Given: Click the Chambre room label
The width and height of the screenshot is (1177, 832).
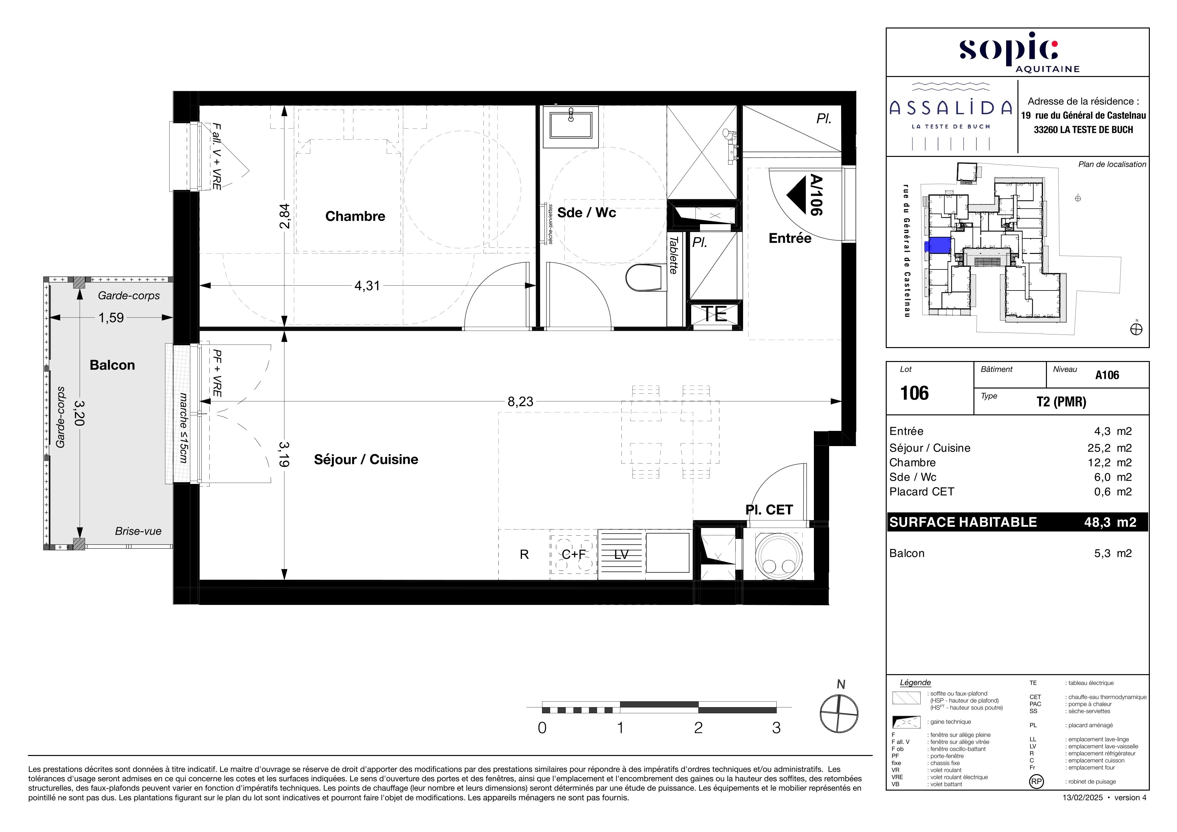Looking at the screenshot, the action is [x=355, y=216].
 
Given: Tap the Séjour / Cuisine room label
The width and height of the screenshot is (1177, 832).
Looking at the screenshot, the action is [x=366, y=460].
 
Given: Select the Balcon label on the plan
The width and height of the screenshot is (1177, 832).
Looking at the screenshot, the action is [x=112, y=365].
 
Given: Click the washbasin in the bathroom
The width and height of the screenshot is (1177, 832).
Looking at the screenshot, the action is [x=571, y=125].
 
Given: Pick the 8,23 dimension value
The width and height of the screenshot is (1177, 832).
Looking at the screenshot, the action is [x=520, y=402].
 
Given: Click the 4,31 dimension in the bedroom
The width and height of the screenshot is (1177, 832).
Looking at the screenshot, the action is [x=367, y=286].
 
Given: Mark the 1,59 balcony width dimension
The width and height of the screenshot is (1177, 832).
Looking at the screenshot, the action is [x=111, y=318].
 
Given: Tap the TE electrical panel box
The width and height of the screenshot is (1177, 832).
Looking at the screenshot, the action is [x=715, y=314].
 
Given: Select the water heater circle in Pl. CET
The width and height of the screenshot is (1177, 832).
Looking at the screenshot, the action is [x=778, y=556].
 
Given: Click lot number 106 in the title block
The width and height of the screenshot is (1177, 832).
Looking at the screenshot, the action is [x=915, y=393].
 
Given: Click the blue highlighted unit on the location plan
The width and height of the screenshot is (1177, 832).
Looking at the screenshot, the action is [x=938, y=246].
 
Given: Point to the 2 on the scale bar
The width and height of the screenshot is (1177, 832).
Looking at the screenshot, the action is [x=698, y=728].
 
